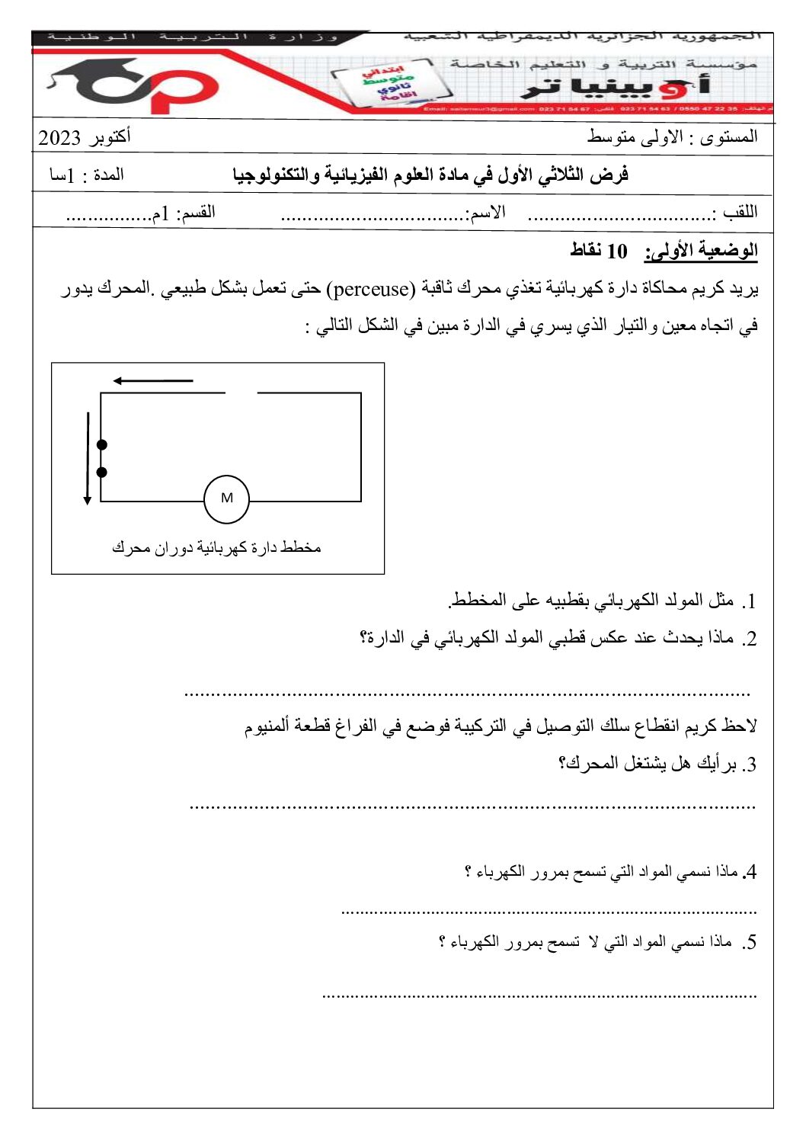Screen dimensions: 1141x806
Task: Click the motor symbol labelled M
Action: [226, 499]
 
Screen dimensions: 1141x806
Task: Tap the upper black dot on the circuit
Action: [102, 444]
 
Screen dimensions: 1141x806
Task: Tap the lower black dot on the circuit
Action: [102, 473]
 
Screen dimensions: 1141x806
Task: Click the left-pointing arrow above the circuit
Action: [152, 380]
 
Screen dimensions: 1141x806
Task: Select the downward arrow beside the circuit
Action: [88, 458]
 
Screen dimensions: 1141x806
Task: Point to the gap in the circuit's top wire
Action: [241, 393]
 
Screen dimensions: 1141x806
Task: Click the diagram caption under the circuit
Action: [216, 547]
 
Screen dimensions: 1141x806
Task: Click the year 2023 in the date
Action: [59, 138]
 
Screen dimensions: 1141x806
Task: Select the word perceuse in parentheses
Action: [371, 290]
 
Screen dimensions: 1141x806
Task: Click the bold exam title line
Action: [430, 175]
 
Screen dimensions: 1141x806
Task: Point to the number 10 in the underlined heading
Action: [616, 251]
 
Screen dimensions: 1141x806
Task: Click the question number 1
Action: [750, 602]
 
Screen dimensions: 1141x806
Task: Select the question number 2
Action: [750, 639]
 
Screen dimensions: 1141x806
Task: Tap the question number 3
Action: [750, 764]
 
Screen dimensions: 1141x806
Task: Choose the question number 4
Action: [750, 872]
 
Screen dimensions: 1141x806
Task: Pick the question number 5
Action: [750, 944]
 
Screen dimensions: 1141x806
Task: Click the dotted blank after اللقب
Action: [619, 217]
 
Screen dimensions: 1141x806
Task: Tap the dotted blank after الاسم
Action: [373, 217]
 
